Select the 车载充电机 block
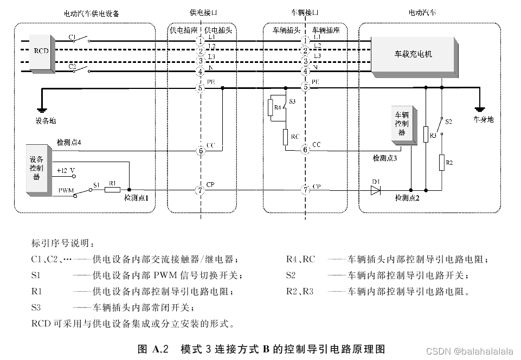pyautogui.click(x=413, y=54)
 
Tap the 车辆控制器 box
pyautogui.click(x=401, y=125)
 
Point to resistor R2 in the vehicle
pyautogui.click(x=442, y=162)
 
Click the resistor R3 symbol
pyautogui.click(x=426, y=134)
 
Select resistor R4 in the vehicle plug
pyautogui.click(x=270, y=108)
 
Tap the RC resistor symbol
pyautogui.click(x=285, y=137)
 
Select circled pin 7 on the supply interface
pyautogui.click(x=201, y=190)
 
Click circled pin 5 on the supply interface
pyautogui.click(x=201, y=87)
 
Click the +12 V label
pyautogui.click(x=66, y=170)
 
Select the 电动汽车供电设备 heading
pyautogui.click(x=91, y=12)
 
